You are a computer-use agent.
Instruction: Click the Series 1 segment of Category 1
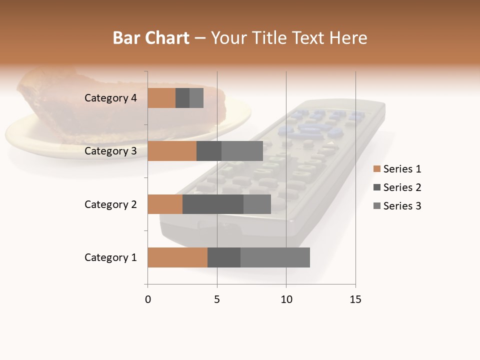coord(177,257)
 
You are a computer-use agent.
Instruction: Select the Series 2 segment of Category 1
coord(224,257)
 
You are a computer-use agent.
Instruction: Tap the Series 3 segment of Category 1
coord(275,257)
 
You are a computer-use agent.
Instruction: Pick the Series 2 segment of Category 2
coord(213,204)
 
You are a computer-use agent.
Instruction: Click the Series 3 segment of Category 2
coord(257,204)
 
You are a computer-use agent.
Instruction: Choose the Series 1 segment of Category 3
coord(172,151)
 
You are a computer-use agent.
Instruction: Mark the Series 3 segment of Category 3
coord(242,151)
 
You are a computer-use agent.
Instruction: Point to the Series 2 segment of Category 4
coord(182,98)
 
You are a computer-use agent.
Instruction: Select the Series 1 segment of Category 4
coord(161,98)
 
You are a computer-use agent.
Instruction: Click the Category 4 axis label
coord(110,98)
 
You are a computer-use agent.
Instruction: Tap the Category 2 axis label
coord(110,204)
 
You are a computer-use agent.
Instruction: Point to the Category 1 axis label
coord(110,257)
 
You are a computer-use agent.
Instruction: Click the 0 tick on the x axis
coord(148,299)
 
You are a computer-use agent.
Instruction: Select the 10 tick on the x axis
coord(286,299)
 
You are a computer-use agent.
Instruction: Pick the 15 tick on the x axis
coord(355,299)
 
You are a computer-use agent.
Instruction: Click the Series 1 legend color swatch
coord(376,169)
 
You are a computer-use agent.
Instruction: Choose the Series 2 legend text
coord(402,187)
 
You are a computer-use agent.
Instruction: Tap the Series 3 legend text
coord(402,206)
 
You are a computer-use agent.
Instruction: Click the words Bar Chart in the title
coord(151,38)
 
